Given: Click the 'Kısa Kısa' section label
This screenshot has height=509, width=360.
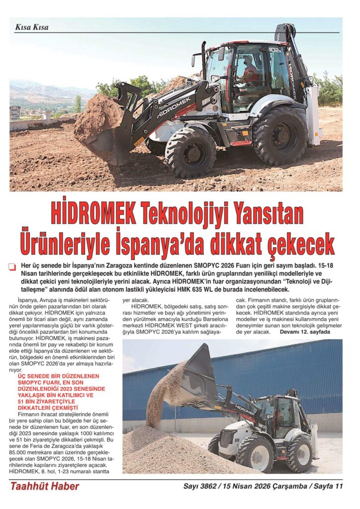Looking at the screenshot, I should point(32,27).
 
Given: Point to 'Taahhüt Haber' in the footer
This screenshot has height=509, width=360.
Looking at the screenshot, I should point(45,486).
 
